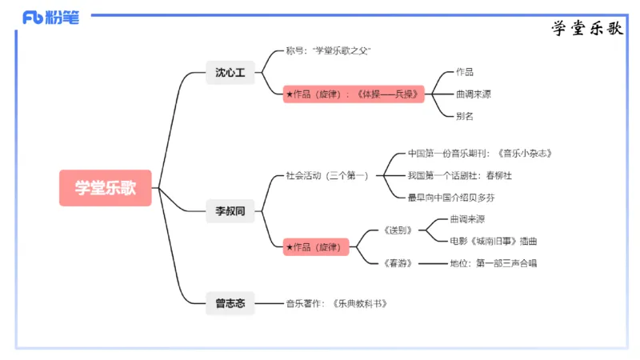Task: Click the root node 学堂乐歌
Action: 105,188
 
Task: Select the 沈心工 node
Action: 230,73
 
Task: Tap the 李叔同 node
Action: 230,212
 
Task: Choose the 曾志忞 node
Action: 230,303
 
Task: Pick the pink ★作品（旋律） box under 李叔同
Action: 318,247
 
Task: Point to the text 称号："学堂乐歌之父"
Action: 328,50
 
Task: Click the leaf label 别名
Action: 465,116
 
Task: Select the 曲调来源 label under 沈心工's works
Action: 474,94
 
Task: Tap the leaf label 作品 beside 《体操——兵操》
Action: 465,72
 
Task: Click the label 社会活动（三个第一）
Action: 327,175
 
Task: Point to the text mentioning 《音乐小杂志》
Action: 480,153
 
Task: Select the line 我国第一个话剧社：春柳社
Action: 459,175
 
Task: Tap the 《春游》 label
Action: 398,263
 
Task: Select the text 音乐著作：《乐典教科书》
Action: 342,303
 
